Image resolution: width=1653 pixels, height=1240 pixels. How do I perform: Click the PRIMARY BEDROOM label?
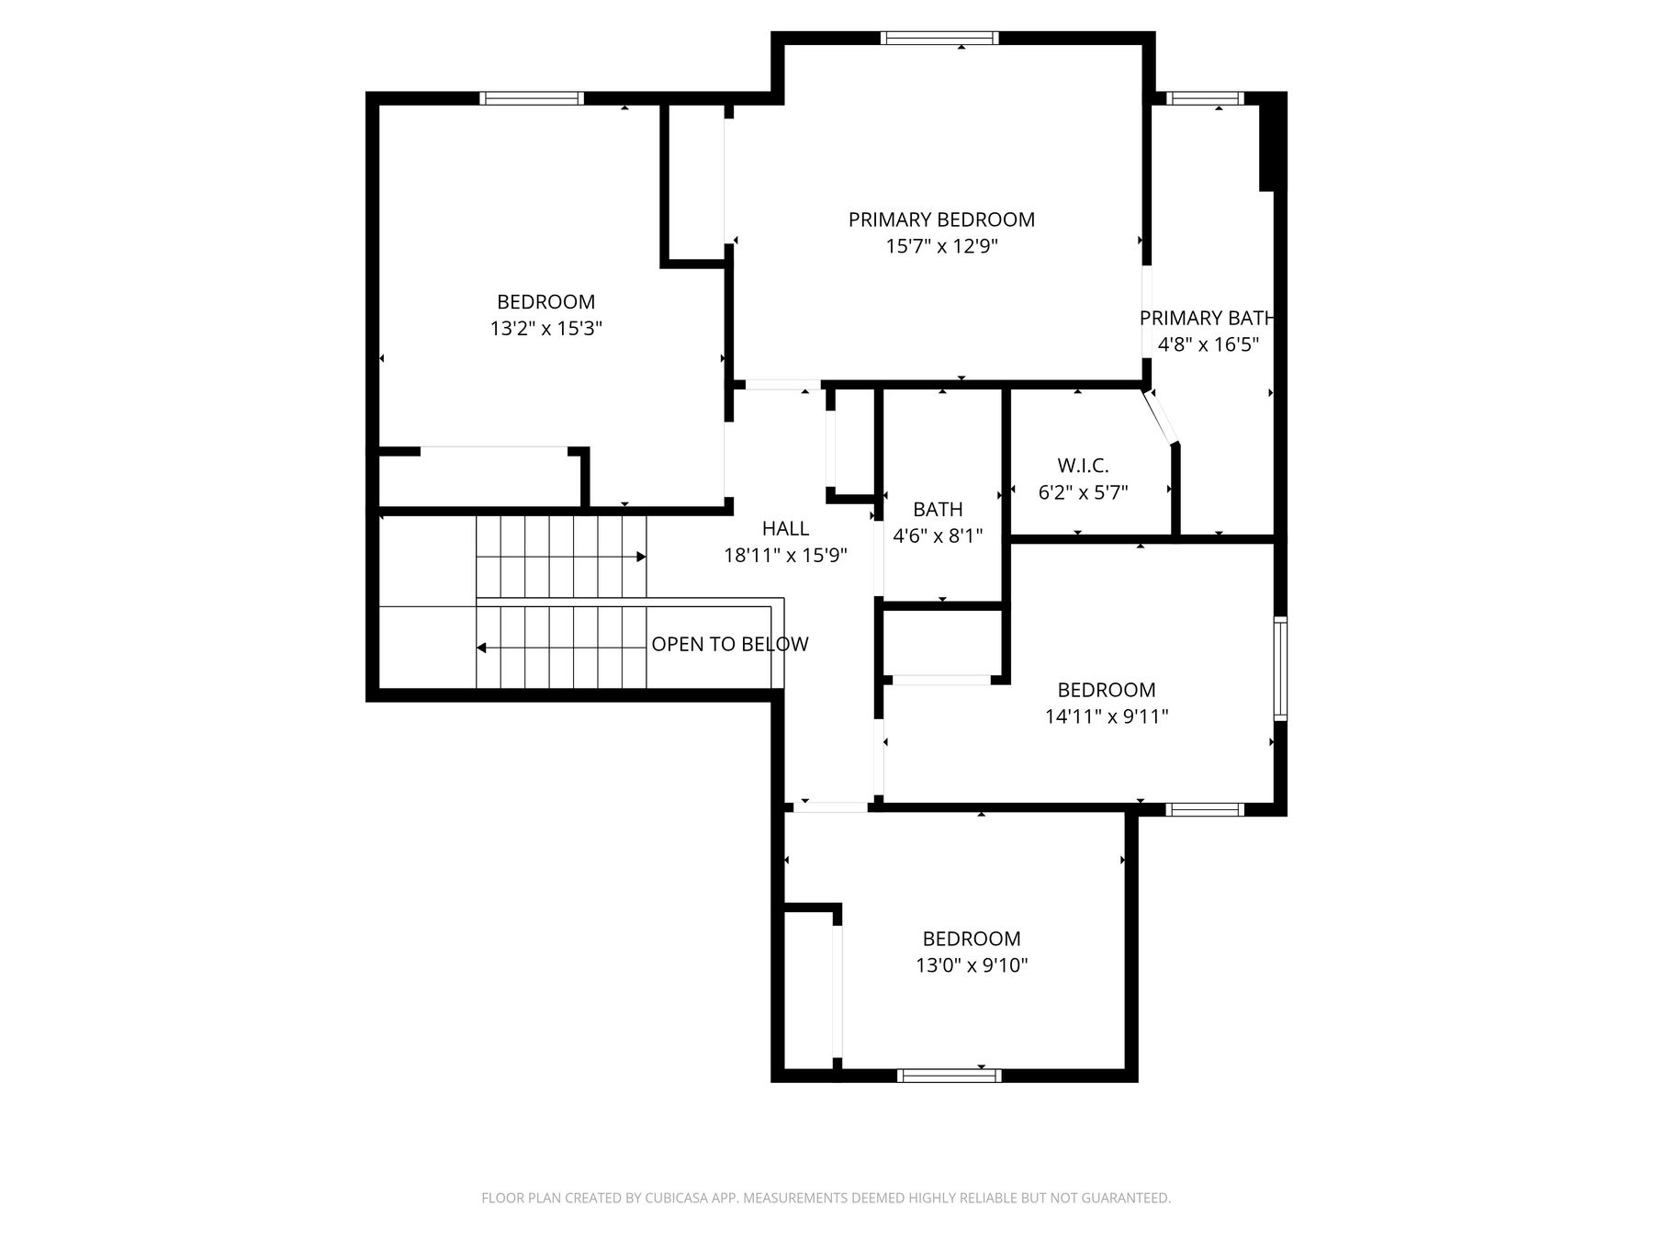941,220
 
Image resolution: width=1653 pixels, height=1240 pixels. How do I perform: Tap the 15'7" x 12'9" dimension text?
941,246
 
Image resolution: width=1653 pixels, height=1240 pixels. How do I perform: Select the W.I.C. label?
1083,466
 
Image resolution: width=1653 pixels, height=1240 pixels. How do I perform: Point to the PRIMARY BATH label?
1208,319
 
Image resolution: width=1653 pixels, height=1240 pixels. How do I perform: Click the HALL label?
785,528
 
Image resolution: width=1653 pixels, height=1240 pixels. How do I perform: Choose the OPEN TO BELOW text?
730,645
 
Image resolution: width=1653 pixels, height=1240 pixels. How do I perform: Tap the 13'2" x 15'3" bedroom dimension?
545,328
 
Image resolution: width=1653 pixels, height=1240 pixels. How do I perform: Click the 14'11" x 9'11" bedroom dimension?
1107,716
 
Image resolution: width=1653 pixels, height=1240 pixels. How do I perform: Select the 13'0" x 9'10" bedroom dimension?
972,965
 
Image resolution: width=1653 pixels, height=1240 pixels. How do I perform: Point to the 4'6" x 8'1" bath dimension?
938,535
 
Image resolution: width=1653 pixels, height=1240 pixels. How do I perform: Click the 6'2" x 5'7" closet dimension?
1083,492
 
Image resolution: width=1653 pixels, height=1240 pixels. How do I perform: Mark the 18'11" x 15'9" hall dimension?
785,555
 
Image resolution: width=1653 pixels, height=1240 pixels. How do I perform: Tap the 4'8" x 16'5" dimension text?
1208,345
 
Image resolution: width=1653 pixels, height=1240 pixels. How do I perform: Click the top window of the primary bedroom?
939,38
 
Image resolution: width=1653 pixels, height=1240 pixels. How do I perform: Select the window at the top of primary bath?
1205,98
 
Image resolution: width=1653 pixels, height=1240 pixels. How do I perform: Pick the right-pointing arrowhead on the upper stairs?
641,557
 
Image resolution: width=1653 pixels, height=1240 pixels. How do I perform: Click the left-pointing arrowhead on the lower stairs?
481,648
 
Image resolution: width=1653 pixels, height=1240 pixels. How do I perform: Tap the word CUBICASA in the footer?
680,1198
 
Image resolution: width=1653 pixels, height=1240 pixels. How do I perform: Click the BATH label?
938,510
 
